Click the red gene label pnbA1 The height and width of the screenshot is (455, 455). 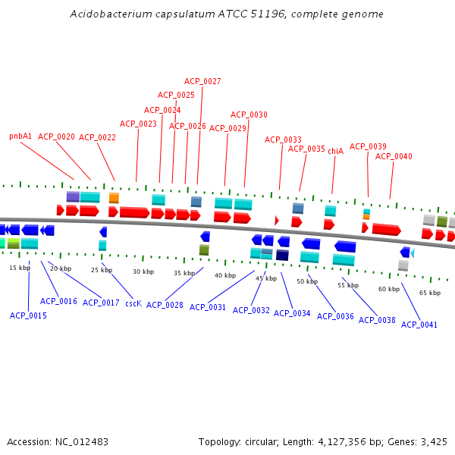click(x=20, y=136)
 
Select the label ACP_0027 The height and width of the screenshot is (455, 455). click(x=202, y=81)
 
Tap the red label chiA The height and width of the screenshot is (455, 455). click(x=335, y=151)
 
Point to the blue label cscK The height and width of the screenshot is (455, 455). click(x=133, y=303)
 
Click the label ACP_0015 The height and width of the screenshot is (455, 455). click(x=28, y=315)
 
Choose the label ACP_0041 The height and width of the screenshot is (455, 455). click(x=419, y=325)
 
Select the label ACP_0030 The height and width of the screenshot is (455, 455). click(x=249, y=115)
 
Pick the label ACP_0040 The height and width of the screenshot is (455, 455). click(x=394, y=156)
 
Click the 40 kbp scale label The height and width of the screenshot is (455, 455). click(x=224, y=275)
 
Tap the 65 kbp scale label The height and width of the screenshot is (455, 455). click(x=429, y=293)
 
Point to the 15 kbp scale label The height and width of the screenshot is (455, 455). click(x=20, y=268)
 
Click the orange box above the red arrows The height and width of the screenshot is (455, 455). click(x=114, y=198)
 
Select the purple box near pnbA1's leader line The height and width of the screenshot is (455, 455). click(x=73, y=196)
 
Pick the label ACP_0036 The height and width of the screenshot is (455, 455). click(x=335, y=316)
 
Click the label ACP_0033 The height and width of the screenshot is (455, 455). click(x=283, y=140)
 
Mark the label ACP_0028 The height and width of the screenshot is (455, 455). click(x=165, y=305)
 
